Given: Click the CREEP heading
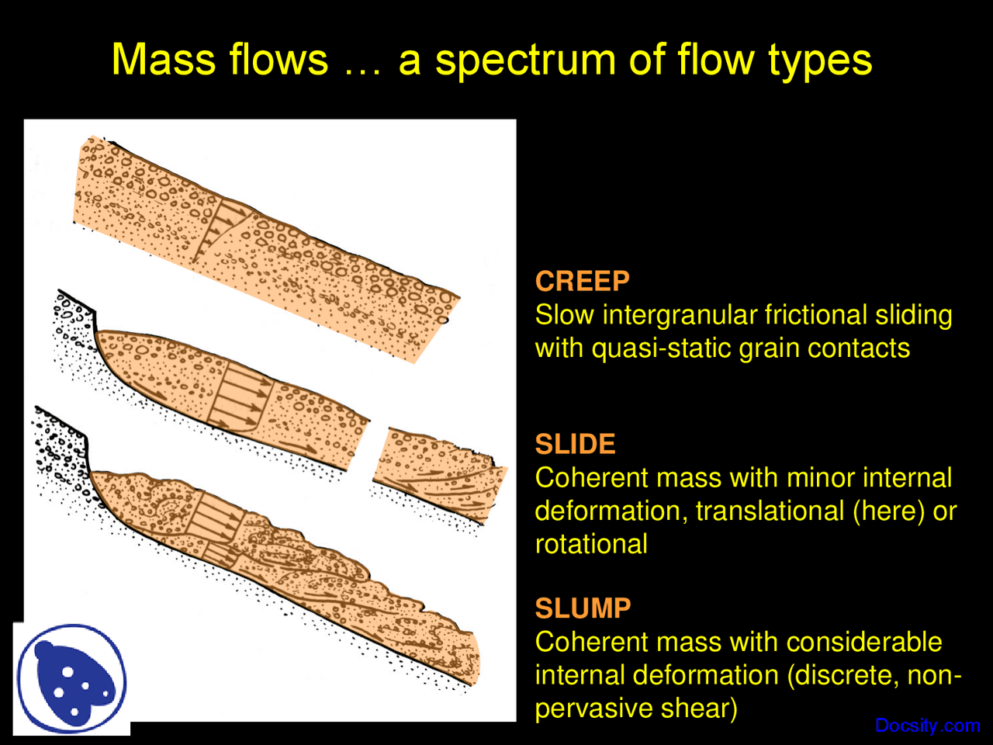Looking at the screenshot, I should click(x=582, y=281).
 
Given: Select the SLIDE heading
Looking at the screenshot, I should click(x=575, y=444).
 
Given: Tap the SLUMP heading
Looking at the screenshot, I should click(x=583, y=608).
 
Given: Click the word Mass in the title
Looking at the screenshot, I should click(x=165, y=60).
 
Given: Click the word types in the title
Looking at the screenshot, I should click(x=820, y=60).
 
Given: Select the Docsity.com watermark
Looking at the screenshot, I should click(x=927, y=726).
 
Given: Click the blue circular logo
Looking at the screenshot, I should click(x=71, y=678).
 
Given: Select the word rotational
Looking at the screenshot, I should click(x=591, y=544).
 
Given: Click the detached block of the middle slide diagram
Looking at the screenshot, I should click(x=438, y=473).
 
